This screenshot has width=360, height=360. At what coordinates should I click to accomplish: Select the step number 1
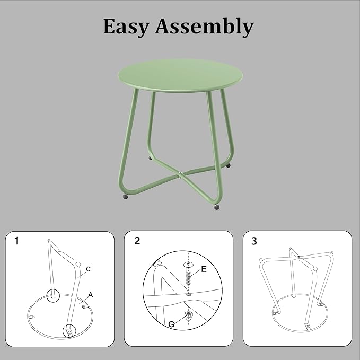(16, 241)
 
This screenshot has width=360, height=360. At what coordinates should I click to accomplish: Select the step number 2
(137, 241)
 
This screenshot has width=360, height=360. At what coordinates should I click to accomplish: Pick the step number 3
(254, 241)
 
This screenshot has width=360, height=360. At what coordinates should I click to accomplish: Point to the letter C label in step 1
(88, 269)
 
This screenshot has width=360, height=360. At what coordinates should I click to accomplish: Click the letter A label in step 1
(90, 294)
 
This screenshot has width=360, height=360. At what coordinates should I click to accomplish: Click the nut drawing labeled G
(188, 317)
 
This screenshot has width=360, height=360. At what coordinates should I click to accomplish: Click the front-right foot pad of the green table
(216, 207)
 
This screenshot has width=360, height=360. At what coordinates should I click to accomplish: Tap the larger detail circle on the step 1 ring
(68, 330)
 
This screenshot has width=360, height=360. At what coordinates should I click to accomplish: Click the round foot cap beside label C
(78, 265)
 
